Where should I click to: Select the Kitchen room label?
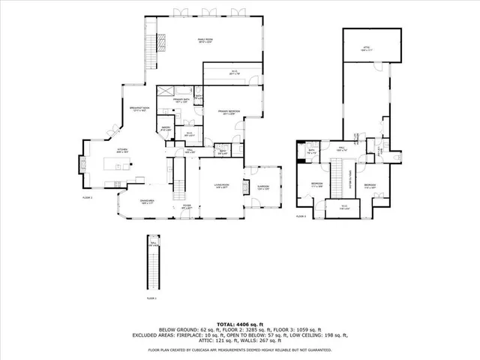(121, 151)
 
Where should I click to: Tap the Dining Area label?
(147, 201)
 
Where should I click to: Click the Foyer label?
(186, 207)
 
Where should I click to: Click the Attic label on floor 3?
(367, 48)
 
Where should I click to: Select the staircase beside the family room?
(155, 52)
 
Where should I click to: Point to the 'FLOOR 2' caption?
(88, 198)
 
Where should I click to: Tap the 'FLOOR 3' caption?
(301, 216)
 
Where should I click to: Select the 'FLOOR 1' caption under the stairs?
(151, 298)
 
